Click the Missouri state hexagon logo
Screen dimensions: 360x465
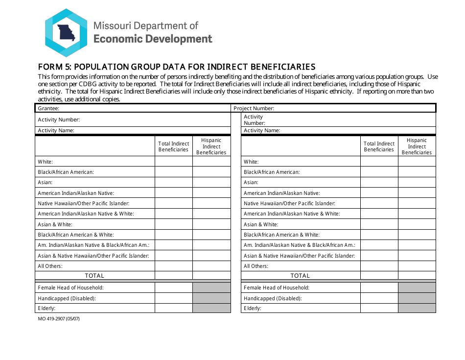click(x=66, y=33)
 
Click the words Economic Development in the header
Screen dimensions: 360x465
click(x=153, y=39)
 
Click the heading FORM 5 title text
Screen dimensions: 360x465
click(x=177, y=67)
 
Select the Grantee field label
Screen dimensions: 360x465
click(x=48, y=108)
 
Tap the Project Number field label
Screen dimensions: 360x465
click(x=254, y=108)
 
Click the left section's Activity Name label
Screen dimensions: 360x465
click(x=56, y=130)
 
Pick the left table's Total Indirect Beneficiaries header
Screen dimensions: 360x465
click(x=173, y=146)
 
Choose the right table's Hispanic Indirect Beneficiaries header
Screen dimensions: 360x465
click(x=417, y=146)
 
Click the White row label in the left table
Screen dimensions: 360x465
click(x=45, y=162)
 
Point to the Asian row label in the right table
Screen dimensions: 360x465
click(x=251, y=182)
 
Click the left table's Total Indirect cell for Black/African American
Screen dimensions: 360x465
click(x=173, y=172)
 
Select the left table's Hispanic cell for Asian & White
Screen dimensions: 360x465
click(x=211, y=224)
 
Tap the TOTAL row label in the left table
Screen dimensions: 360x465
click(x=94, y=276)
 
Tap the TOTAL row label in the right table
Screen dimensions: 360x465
click(x=300, y=276)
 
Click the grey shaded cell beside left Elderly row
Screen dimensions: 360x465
click(x=211, y=308)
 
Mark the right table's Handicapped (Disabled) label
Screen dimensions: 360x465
click(x=273, y=298)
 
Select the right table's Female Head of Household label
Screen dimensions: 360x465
click(x=277, y=288)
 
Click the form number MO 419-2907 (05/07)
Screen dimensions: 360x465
click(x=58, y=319)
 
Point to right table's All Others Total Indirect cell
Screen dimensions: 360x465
click(x=379, y=266)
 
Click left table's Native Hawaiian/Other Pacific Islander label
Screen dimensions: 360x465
click(x=83, y=203)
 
